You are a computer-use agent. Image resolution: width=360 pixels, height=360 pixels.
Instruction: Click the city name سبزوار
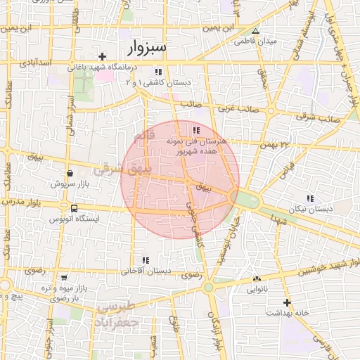(148, 48)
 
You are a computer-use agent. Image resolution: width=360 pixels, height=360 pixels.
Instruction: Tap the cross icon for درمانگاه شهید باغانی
(103, 56)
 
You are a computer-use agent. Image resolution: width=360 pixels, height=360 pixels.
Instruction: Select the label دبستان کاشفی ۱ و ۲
(158, 82)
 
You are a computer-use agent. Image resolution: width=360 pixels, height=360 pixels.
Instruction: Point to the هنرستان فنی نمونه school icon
(195, 130)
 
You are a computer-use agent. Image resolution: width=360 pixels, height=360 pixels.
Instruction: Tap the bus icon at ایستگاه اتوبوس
(74, 208)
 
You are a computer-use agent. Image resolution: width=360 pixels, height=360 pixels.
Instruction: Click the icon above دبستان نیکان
(310, 198)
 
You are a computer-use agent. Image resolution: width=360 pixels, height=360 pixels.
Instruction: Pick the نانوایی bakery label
(256, 288)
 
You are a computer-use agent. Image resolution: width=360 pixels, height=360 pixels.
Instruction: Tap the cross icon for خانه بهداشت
(287, 302)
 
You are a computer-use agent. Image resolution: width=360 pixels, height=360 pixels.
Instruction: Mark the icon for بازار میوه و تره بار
(64, 278)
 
